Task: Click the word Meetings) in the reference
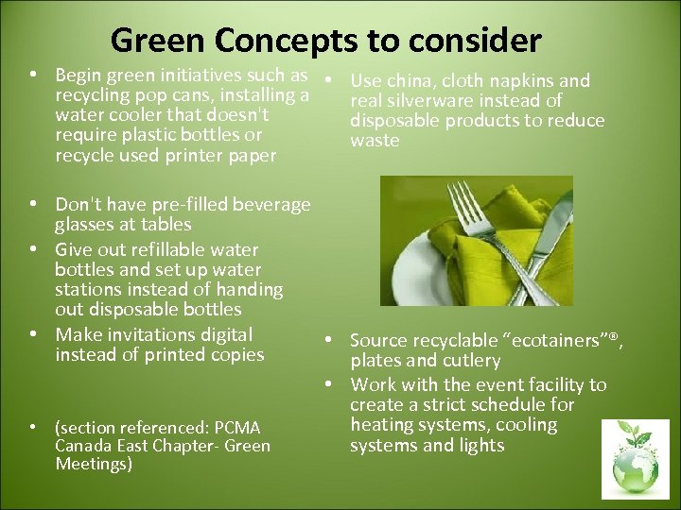(x=94, y=464)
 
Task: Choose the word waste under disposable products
(x=375, y=141)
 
